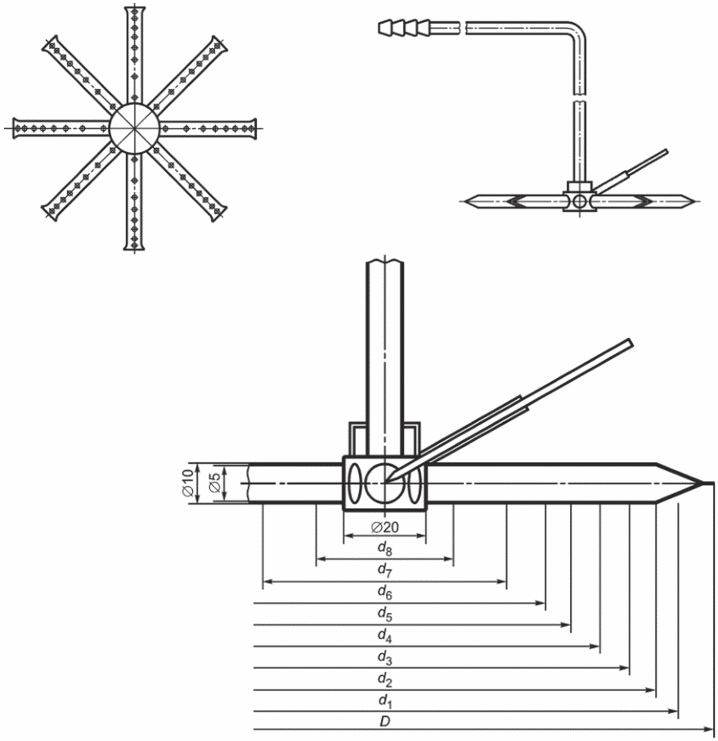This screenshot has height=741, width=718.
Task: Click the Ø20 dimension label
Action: tap(385, 527)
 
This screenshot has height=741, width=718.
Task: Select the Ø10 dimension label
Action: tap(187, 483)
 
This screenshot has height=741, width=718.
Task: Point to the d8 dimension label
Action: tap(385, 548)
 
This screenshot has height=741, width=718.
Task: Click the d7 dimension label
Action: tap(385, 570)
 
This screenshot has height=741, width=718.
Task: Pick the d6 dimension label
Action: tap(385, 592)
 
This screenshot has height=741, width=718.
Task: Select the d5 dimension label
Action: tap(385, 614)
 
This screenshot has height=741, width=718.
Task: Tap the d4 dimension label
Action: tap(385, 636)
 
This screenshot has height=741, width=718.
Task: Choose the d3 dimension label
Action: tap(385, 658)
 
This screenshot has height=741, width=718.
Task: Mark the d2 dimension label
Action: tap(385, 680)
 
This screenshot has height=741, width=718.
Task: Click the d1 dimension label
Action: tap(385, 701)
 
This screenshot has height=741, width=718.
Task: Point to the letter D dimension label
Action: tap(385, 721)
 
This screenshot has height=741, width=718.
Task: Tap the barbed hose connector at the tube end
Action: tap(404, 28)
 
